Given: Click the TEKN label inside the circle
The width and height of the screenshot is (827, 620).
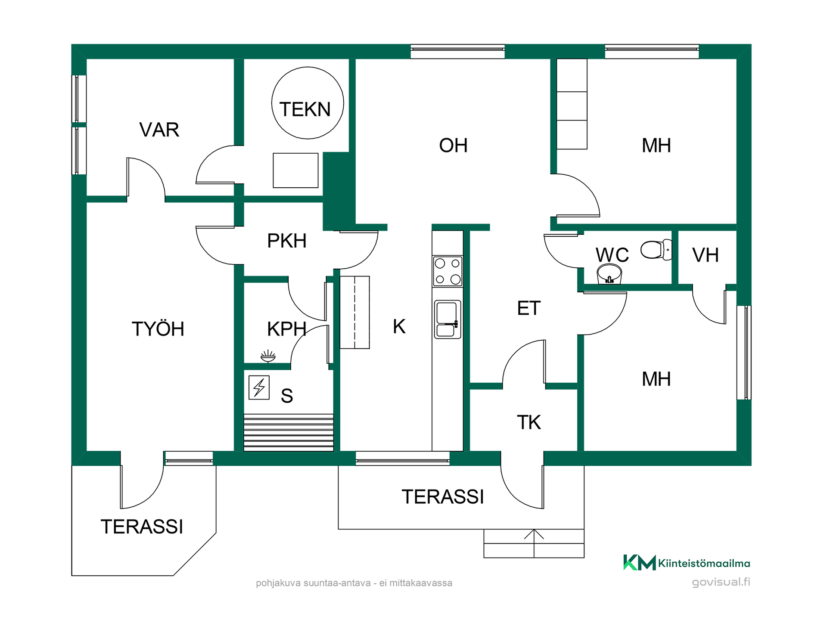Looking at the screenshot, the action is pyautogui.click(x=305, y=109).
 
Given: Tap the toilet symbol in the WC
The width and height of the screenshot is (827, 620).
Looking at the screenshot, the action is pyautogui.click(x=656, y=250).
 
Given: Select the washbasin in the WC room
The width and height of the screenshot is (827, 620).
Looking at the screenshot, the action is pyautogui.click(x=609, y=274).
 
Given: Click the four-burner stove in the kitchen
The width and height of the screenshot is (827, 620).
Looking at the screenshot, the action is pyautogui.click(x=448, y=271).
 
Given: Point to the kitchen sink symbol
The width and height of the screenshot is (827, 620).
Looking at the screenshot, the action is pyautogui.click(x=448, y=319).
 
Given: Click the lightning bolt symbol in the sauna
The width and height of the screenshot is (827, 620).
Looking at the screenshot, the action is pyautogui.click(x=259, y=387).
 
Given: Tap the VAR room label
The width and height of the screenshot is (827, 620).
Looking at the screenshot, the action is pyautogui.click(x=159, y=130).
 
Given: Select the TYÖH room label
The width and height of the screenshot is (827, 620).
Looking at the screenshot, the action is pyautogui.click(x=158, y=329).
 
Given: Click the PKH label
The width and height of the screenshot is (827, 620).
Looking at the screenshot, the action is pyautogui.click(x=287, y=241).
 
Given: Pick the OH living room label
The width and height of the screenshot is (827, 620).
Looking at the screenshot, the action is pyautogui.click(x=453, y=146).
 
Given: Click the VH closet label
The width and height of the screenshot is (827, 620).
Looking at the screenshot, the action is pyautogui.click(x=706, y=255).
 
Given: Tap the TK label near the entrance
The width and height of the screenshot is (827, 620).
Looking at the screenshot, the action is pyautogui.click(x=529, y=422).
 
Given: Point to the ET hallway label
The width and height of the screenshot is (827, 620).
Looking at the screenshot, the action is pyautogui.click(x=529, y=308).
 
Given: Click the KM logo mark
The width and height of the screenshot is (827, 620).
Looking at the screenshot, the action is pyautogui.click(x=640, y=562).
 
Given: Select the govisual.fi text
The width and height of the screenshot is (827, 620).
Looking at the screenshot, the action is pyautogui.click(x=721, y=582).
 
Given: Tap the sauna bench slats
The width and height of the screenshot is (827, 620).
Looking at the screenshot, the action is pyautogui.click(x=289, y=432).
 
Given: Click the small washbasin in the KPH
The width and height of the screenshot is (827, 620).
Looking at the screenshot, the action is pyautogui.click(x=268, y=356).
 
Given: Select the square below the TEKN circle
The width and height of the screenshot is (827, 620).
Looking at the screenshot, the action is pyautogui.click(x=295, y=170).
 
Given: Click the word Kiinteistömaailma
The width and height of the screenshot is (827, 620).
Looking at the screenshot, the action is pyautogui.click(x=704, y=563).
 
